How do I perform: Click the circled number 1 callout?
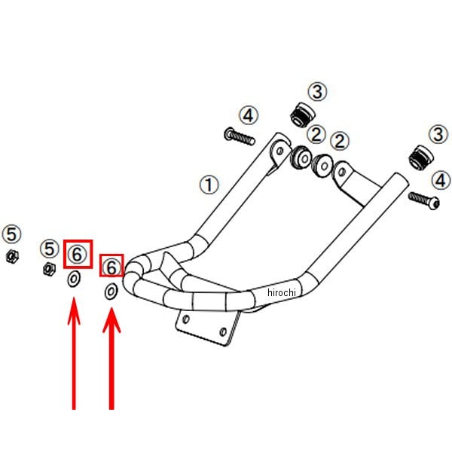(209, 183)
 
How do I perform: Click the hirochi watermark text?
(283, 292)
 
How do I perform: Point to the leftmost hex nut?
(11, 257)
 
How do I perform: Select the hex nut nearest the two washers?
(47, 267)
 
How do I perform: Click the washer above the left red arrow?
(75, 279)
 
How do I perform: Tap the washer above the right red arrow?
(111, 292)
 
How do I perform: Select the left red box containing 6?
(78, 254)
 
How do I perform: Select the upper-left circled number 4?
(249, 115)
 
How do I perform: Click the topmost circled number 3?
(318, 92)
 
